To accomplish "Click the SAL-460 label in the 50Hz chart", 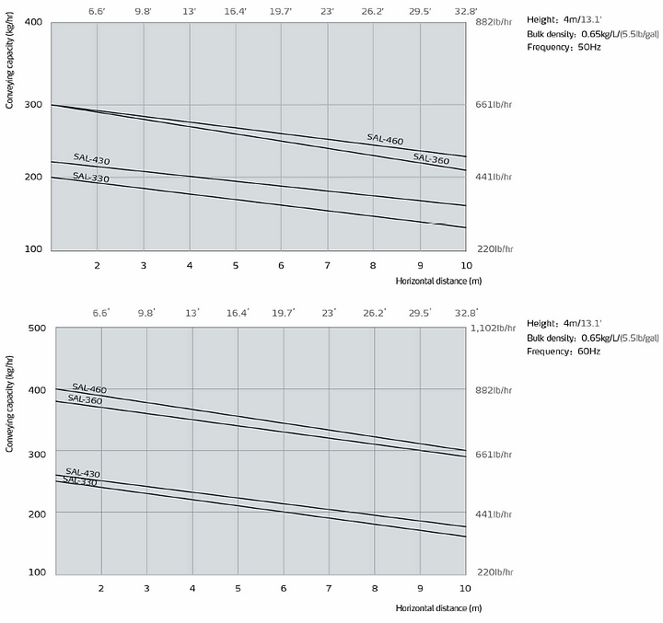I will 384,138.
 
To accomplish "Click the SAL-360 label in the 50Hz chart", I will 431,158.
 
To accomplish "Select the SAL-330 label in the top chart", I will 90,177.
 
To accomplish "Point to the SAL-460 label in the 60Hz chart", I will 89,388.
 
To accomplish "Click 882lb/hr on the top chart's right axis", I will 494,21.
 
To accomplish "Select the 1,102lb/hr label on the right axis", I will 499,329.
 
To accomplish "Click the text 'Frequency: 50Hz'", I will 564,47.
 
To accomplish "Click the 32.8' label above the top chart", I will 465,11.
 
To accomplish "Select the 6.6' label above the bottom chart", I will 101,313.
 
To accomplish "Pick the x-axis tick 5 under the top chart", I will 236,265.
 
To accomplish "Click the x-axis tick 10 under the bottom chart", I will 465,587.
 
